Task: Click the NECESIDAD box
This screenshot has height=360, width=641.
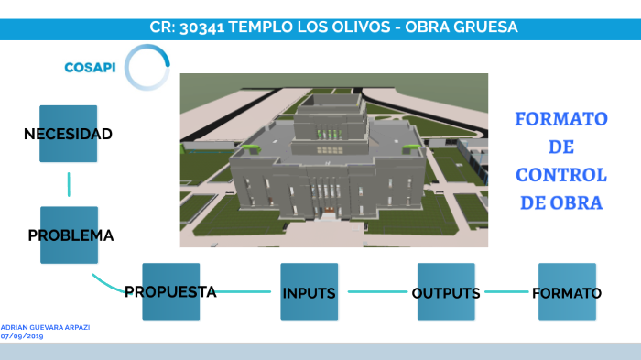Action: pos(68,134)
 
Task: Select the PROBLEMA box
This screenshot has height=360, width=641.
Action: pos(69,235)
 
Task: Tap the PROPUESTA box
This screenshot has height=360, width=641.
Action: pos(170,292)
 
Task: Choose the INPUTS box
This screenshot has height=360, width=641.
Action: pos(309,292)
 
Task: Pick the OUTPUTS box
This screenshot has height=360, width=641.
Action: pos(446,292)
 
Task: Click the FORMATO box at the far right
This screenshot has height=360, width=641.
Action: pos(567,292)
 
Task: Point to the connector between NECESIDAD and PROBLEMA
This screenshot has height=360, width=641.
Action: pos(69,183)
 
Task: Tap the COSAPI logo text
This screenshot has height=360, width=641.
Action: pos(90,67)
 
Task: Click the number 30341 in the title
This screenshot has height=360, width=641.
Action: pos(201,27)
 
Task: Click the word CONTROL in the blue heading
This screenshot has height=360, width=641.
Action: pos(560,175)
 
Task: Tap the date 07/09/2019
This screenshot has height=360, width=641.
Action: pos(22,336)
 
